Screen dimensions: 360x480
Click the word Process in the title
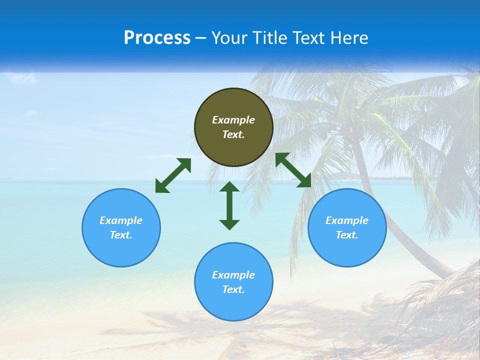157,38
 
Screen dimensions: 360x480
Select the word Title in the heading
270,38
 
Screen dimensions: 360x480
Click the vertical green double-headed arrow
229,205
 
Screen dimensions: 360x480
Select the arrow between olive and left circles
173,175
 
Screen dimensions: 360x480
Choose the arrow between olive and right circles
293,170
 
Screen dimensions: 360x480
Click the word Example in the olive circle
233,120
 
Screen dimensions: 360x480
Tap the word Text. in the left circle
121,235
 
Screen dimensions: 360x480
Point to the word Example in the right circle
347,220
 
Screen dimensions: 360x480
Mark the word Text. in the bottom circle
233,289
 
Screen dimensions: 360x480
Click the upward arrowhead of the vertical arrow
229,187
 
